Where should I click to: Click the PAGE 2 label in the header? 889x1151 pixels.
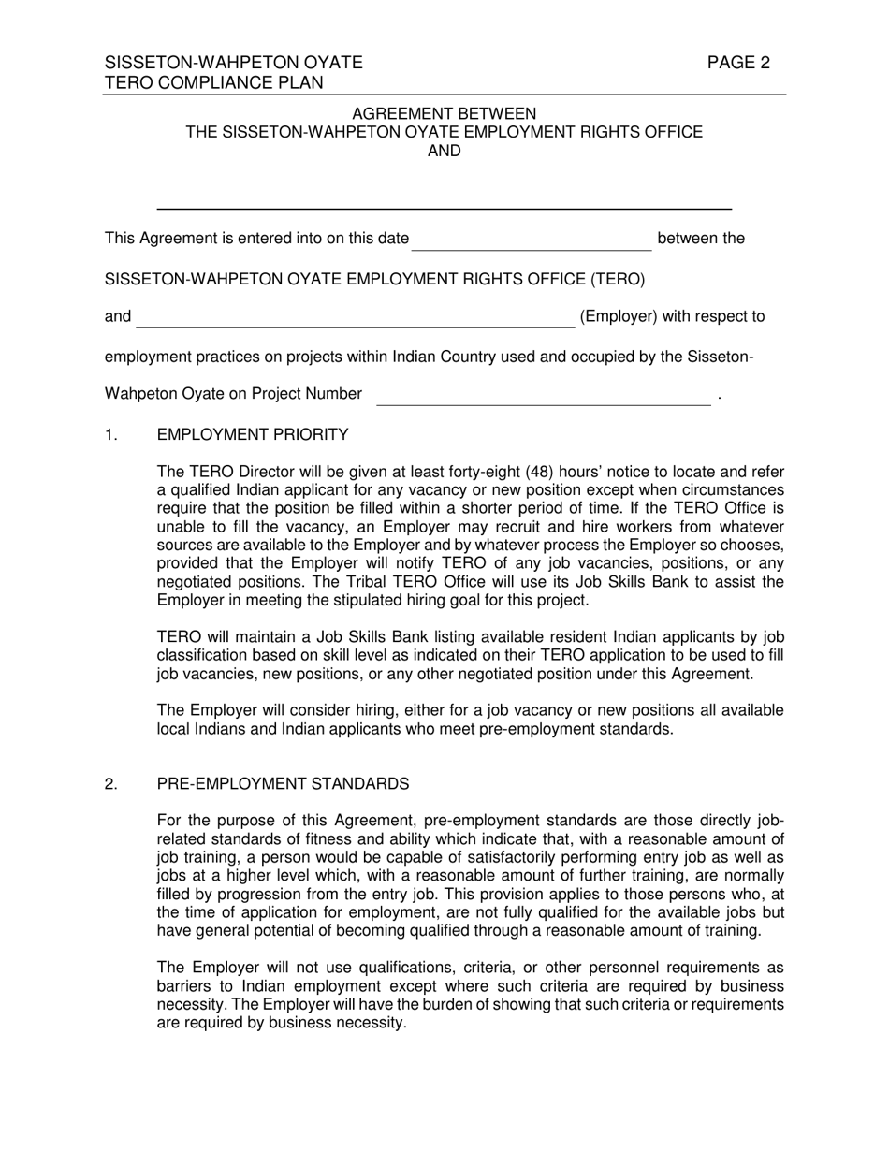point(738,63)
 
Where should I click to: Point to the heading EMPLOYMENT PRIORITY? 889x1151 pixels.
point(253,434)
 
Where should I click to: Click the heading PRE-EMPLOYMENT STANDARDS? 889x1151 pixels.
point(283,783)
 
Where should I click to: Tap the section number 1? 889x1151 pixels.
point(111,434)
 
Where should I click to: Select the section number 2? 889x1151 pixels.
point(111,783)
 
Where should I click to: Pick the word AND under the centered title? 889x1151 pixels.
point(444,151)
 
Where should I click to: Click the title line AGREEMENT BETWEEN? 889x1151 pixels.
point(444,113)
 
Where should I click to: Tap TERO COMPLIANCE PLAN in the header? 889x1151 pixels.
point(214,82)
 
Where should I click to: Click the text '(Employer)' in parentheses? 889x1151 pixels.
point(618,316)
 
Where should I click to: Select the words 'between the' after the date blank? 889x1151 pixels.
point(701,238)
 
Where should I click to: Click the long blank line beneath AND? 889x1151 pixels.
point(444,208)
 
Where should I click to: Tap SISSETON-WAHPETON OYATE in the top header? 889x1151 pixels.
point(233,63)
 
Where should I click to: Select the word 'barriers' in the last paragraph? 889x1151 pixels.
point(187,986)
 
